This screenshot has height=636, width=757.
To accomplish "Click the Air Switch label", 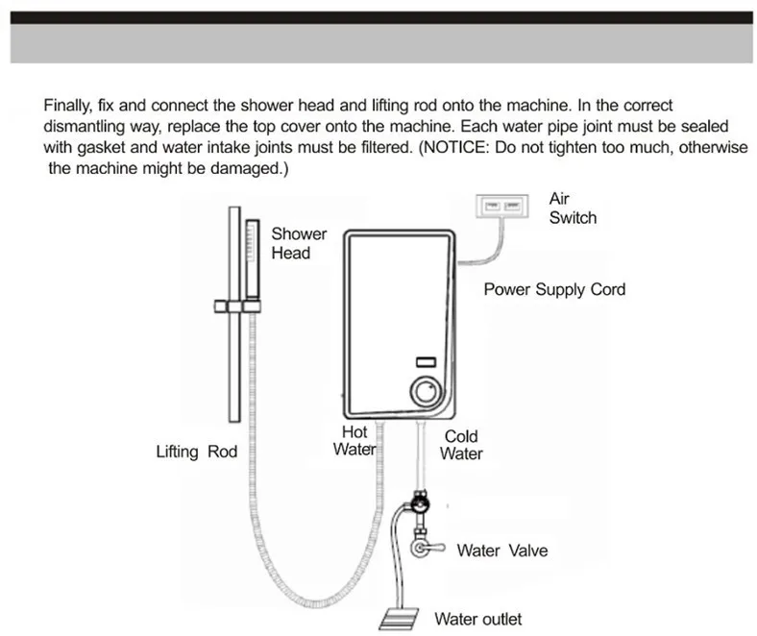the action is (573, 208).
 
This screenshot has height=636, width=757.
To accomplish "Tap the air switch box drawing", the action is (502, 207).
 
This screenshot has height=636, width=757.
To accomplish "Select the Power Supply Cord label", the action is (554, 289).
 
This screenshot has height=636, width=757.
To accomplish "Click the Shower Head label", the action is (299, 243).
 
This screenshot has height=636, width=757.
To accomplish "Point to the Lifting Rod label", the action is (197, 452).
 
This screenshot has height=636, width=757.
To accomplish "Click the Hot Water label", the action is (354, 440).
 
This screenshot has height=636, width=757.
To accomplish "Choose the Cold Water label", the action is (461, 445).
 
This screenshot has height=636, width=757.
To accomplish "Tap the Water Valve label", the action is (502, 550).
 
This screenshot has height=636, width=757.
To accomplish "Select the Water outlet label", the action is (478, 619).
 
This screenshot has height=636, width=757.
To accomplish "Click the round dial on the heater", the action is (426, 392).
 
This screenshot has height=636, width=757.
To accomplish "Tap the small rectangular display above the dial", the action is (426, 362).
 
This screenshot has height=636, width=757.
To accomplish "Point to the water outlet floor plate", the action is (399, 619).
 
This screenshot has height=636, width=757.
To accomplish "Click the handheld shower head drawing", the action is (253, 258).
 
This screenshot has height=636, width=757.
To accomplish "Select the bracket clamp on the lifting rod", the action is (237, 306).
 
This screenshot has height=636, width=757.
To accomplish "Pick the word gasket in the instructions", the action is (101, 148).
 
